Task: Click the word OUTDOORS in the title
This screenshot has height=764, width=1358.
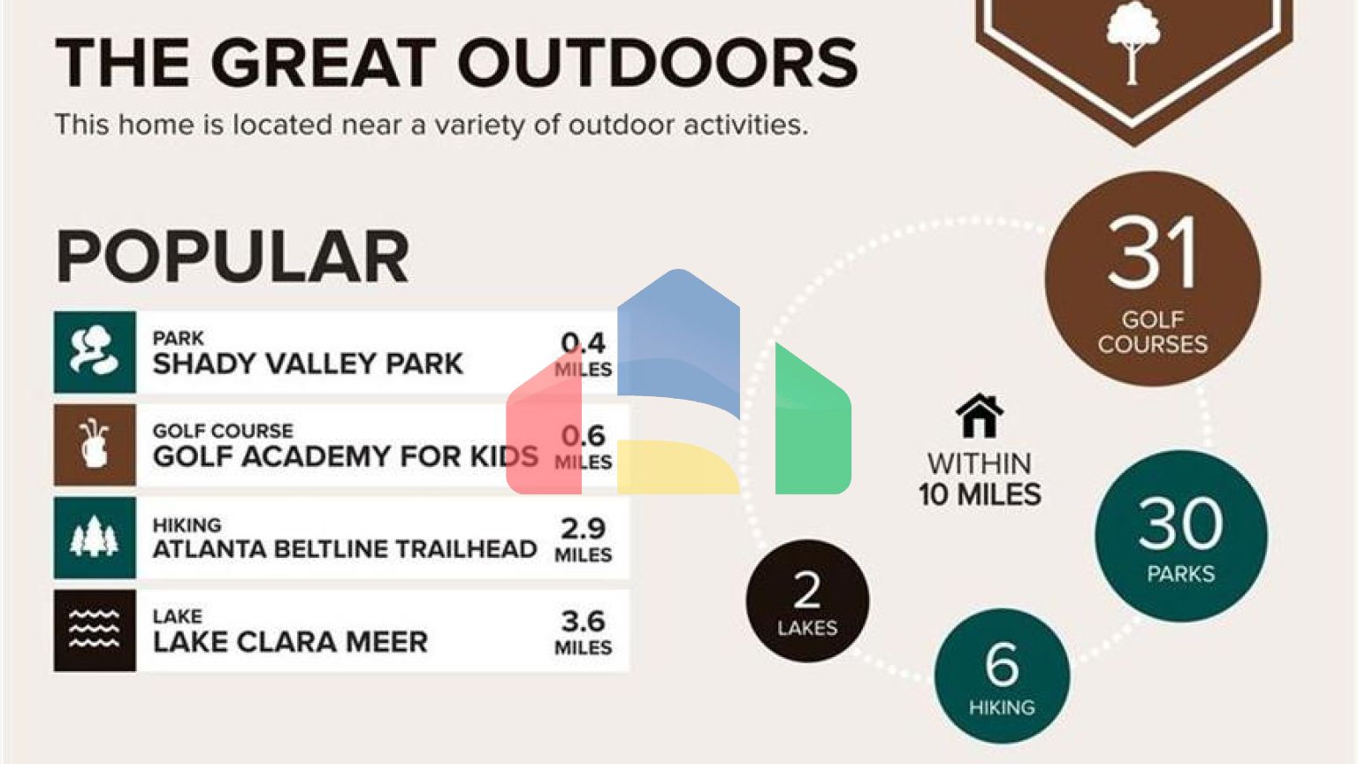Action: click(658, 63)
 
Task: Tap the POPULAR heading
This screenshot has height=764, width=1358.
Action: click(233, 256)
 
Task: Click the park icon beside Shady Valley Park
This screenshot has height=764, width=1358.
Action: click(95, 352)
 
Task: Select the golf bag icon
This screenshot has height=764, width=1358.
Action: click(95, 445)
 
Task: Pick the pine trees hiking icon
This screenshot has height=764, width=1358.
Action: click(95, 538)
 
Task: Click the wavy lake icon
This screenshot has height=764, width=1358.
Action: click(95, 630)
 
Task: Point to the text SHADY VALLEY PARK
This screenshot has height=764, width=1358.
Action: click(308, 363)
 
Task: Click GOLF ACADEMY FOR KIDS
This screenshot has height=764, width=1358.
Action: click(346, 456)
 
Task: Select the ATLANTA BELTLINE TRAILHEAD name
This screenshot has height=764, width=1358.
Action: click(345, 549)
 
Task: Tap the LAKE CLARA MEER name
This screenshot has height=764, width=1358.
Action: click(290, 642)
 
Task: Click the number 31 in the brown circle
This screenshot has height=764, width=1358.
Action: click(1153, 254)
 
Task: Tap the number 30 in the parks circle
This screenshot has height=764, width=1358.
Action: click(1181, 523)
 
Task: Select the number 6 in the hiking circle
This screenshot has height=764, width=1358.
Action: click(1002, 665)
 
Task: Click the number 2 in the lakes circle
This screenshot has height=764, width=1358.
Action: click(807, 590)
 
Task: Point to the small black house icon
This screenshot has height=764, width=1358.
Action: click(980, 416)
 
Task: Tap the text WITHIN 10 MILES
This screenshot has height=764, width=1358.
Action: click(980, 479)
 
